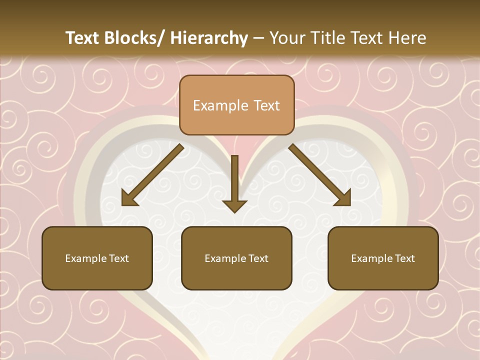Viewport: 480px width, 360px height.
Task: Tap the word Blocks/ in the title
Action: [137, 38]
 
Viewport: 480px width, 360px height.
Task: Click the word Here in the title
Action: [408, 38]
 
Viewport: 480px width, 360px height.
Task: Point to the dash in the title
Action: [258, 38]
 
